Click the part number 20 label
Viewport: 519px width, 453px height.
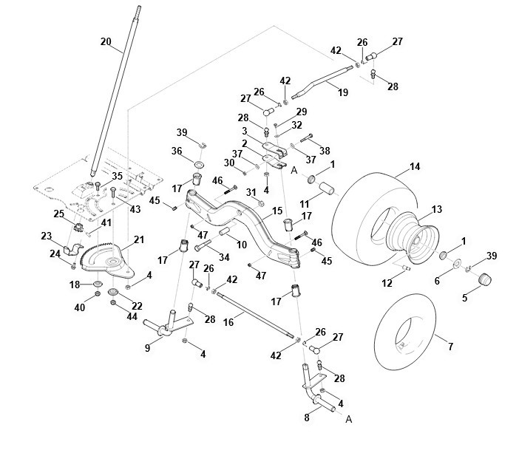(106, 42)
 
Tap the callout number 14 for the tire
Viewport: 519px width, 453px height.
(415, 166)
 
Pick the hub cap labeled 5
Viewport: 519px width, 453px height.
(485, 279)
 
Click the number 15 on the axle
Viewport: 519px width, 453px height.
(277, 211)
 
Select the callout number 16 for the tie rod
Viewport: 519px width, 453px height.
(228, 322)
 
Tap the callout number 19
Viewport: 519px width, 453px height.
(343, 92)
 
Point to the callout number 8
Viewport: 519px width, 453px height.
(307, 418)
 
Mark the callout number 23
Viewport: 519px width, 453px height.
(47, 236)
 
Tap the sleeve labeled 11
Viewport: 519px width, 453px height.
(326, 188)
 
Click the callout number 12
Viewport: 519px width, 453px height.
(387, 283)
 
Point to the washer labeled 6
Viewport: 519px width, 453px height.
(458, 264)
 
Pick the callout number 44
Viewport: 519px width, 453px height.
(132, 317)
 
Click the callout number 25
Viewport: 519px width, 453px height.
(59, 214)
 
